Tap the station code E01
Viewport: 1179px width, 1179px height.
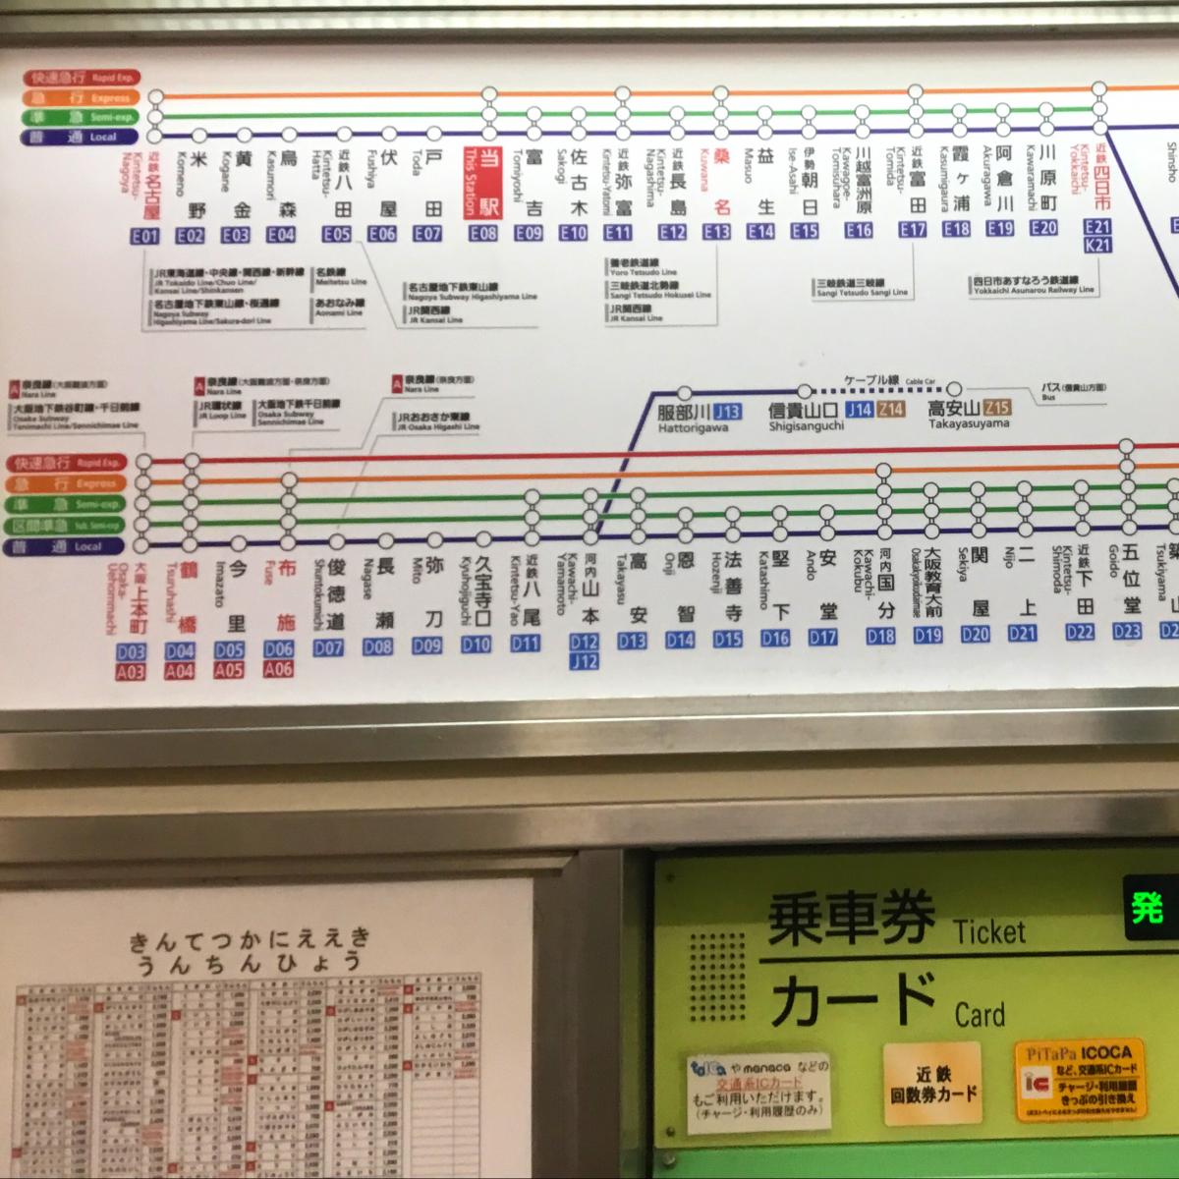tap(144, 235)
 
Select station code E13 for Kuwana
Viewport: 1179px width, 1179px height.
tap(716, 233)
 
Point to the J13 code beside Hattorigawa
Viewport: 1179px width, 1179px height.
tap(727, 412)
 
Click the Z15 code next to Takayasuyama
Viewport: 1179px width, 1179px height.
tap(996, 408)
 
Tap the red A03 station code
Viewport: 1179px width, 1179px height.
tap(131, 672)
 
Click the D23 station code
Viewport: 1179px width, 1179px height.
tap(1127, 632)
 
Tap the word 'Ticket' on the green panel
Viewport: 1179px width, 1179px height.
tap(988, 929)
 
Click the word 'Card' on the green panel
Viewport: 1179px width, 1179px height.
tap(980, 1013)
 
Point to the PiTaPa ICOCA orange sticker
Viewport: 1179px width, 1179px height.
tap(1081, 1080)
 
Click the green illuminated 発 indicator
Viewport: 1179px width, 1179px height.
tap(1148, 908)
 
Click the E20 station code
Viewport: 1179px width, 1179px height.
tap(1043, 228)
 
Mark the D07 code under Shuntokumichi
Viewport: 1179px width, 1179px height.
tap(328, 647)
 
